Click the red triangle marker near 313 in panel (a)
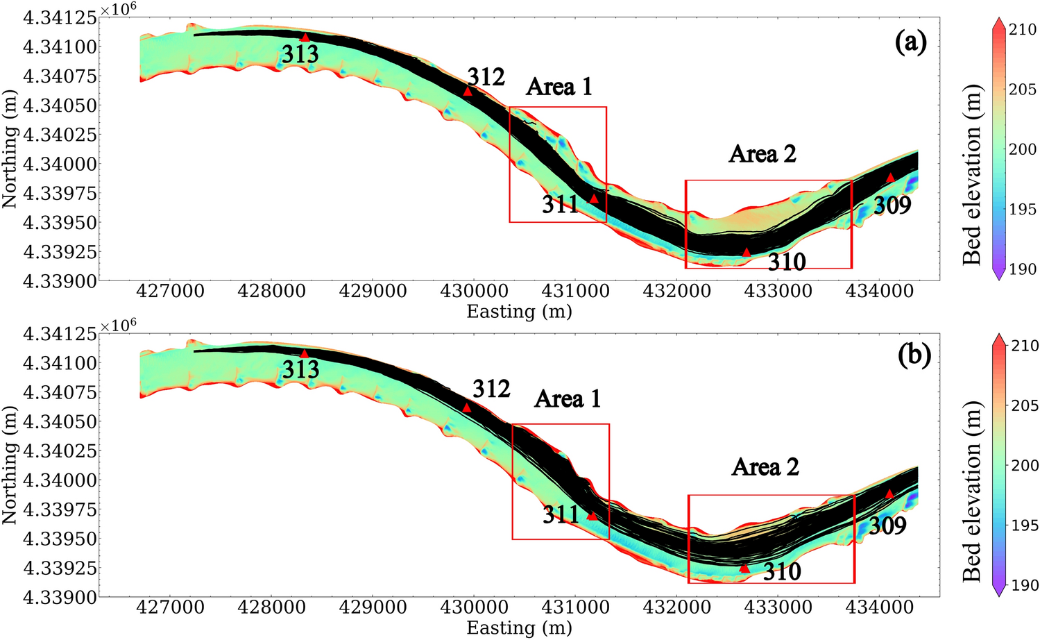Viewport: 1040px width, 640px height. tap(305, 37)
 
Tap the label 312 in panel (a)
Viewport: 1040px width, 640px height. tap(486, 76)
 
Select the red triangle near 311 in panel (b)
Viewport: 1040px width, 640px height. tap(592, 516)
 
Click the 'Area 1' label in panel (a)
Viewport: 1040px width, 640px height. tap(559, 87)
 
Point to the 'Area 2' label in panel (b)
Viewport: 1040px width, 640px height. tap(765, 467)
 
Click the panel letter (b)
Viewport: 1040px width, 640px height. tap(914, 355)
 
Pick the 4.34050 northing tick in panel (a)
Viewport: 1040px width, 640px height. tap(59, 106)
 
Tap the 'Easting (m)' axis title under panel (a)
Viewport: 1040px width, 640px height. tap(519, 311)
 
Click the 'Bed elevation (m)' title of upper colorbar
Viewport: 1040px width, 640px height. tap(973, 174)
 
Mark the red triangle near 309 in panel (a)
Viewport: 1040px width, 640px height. tap(890, 178)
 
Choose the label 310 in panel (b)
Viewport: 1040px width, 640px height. tap(782, 571)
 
